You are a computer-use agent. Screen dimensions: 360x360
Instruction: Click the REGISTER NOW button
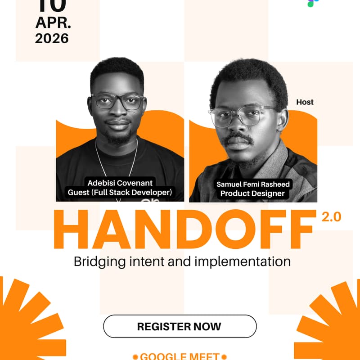pyautogui.click(x=180, y=326)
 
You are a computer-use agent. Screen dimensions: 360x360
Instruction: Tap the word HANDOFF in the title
pyautogui.click(x=184, y=230)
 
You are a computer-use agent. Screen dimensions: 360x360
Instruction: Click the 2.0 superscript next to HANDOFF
pyautogui.click(x=331, y=217)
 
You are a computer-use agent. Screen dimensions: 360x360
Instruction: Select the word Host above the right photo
pyautogui.click(x=305, y=102)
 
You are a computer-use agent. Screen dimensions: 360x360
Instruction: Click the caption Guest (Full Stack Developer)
pyautogui.click(x=120, y=193)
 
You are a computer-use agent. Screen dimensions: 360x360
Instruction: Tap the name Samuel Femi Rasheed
pyautogui.click(x=253, y=184)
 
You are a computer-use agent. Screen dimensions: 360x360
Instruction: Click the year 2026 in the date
pyautogui.click(x=52, y=38)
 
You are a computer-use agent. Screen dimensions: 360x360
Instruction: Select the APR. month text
pyautogui.click(x=52, y=22)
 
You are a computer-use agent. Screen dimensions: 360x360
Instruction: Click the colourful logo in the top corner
pyautogui.click(x=310, y=3)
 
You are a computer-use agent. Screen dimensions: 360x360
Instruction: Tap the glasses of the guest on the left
pyautogui.click(x=118, y=102)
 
